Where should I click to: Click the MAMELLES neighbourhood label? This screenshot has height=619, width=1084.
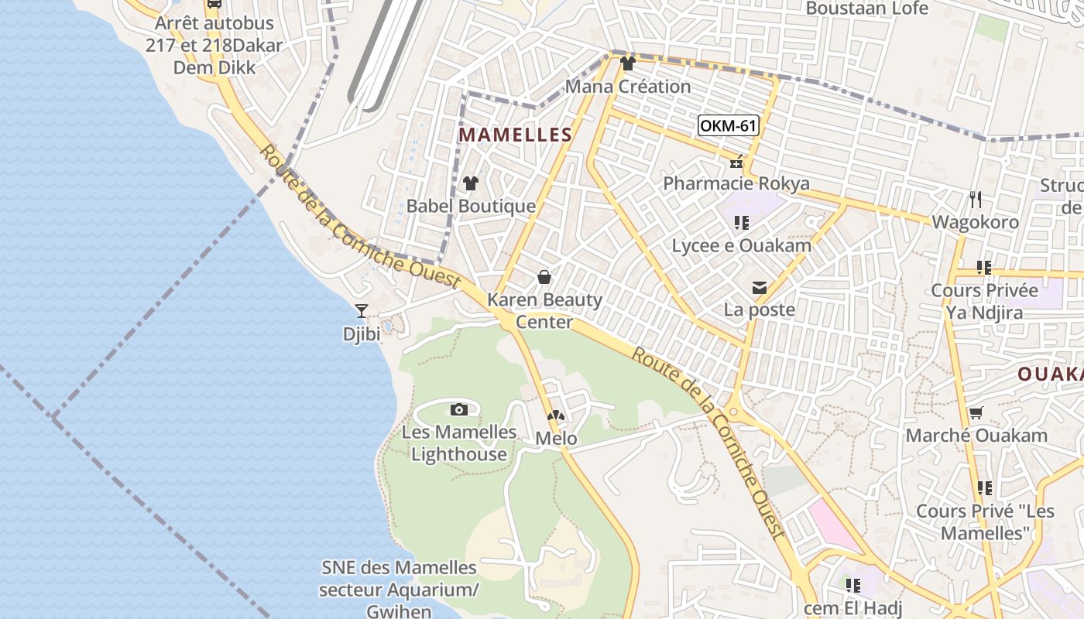tap(515, 135)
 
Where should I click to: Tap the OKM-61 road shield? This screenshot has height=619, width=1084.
tap(728, 125)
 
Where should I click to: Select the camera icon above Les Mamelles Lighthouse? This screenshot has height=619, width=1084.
tap(459, 409)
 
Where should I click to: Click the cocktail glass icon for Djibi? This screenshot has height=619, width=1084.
tap(361, 311)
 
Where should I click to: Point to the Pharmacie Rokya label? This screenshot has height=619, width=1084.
tap(736, 183)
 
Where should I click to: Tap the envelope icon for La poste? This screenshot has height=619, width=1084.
tap(760, 288)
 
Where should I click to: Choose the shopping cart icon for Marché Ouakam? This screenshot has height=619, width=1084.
tap(976, 413)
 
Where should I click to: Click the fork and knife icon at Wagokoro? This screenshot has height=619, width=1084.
tap(976, 200)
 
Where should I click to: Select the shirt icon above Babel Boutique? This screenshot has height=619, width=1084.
tap(470, 183)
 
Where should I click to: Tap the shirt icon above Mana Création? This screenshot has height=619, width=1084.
tap(627, 63)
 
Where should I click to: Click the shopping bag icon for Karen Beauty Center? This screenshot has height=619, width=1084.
tap(544, 277)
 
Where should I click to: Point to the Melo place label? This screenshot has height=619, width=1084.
tap(556, 439)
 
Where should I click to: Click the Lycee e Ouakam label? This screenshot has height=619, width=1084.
tap(741, 246)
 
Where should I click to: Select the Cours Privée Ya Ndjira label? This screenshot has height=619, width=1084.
tap(984, 302)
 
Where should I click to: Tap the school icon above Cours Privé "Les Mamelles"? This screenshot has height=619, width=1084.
tap(984, 488)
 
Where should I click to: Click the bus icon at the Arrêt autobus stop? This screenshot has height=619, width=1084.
tap(214, 4)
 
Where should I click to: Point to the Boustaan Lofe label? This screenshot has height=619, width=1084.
tap(866, 9)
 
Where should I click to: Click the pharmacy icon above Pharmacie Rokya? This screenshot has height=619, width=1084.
tap(736, 162)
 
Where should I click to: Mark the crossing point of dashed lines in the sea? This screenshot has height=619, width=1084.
tap(53, 417)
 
